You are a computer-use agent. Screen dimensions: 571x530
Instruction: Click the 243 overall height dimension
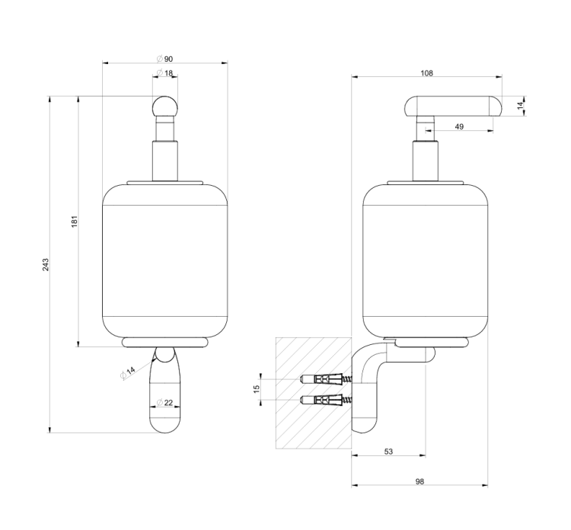[46, 265]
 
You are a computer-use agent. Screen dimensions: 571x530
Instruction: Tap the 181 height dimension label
[75, 222]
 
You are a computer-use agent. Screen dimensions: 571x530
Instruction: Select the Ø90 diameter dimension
[164, 59]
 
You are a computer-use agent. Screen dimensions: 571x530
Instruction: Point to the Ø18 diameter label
[164, 73]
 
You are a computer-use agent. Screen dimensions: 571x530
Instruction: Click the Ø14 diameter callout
[128, 372]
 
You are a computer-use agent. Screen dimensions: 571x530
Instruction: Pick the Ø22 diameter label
[164, 403]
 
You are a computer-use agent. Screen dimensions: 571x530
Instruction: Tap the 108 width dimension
[427, 73]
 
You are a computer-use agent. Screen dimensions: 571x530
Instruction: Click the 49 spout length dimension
[459, 126]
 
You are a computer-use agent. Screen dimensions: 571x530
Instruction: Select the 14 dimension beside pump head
[521, 105]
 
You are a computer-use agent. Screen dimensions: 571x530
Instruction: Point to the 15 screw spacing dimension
[257, 389]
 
